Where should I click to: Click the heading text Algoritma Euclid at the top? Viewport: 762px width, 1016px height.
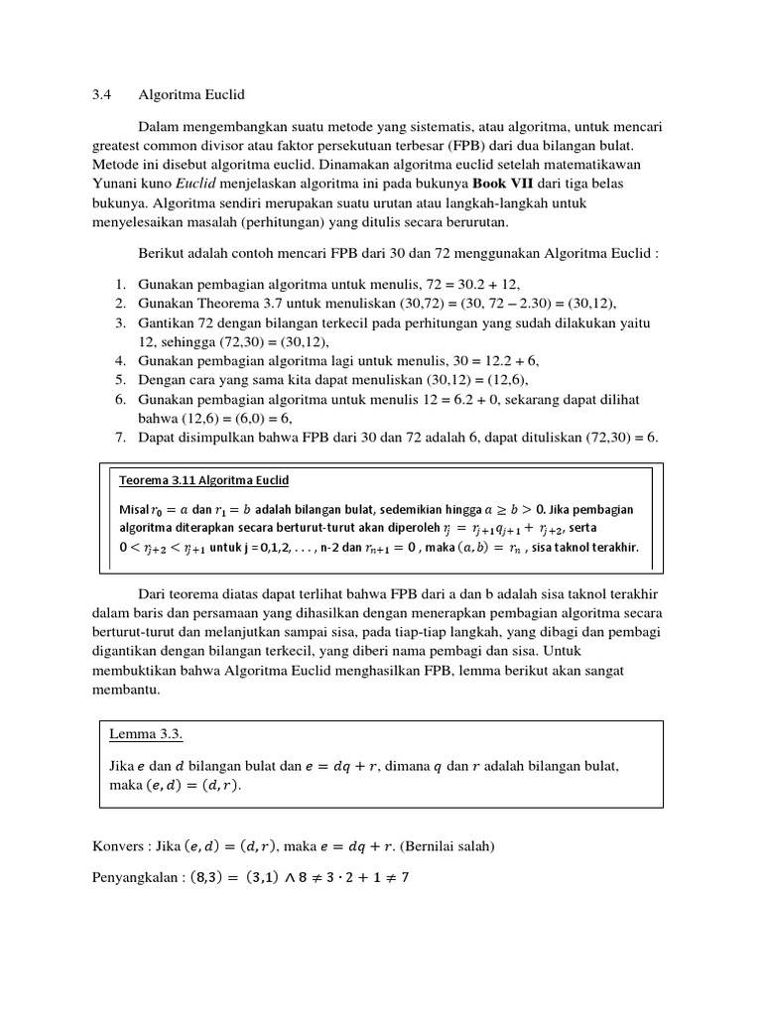(191, 95)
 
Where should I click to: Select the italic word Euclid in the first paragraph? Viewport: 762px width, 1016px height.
(198, 185)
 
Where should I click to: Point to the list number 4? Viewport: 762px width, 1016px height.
(118, 361)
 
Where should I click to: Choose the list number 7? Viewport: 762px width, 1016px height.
(118, 438)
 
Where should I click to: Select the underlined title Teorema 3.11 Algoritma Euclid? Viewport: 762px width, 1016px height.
(203, 481)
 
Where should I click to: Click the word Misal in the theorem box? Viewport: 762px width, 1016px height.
(136, 509)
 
